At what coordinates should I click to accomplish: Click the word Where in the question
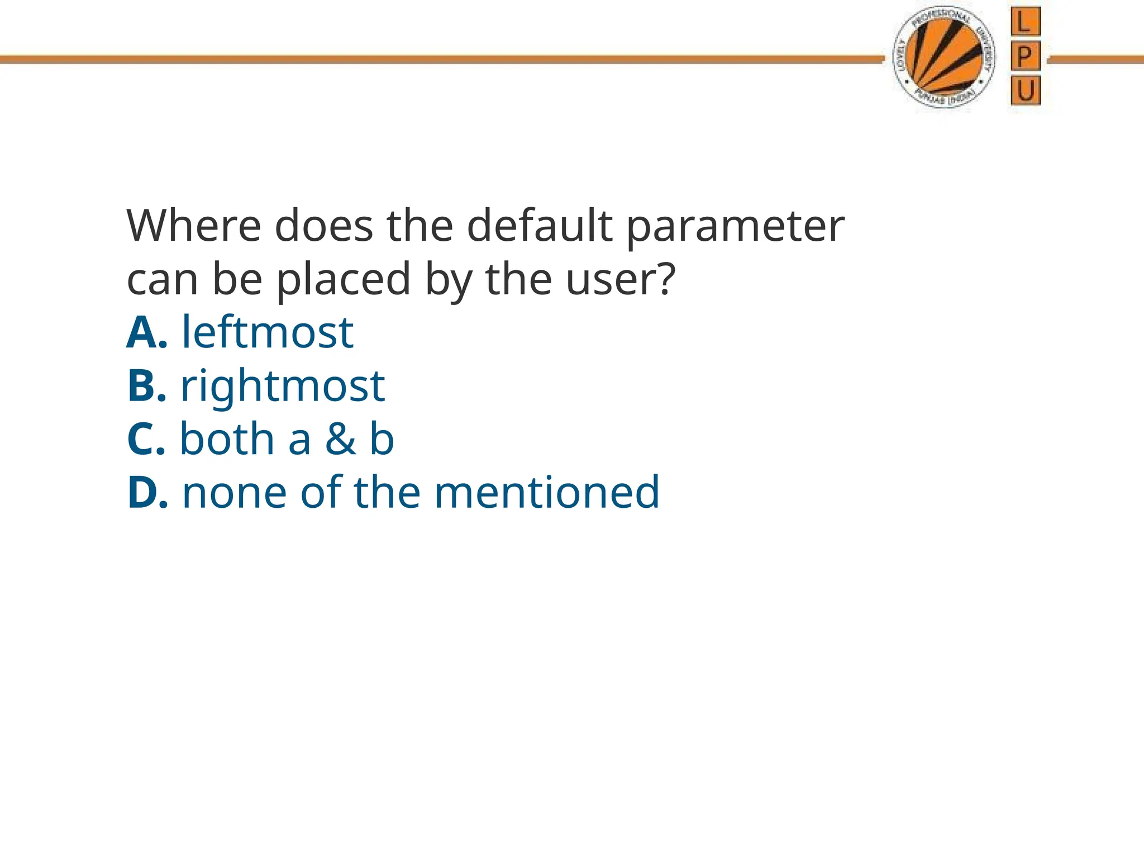(x=194, y=226)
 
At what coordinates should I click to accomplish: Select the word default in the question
(x=540, y=226)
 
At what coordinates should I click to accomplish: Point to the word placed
(x=344, y=279)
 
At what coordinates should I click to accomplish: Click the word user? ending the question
(x=621, y=279)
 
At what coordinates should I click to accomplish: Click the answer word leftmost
(x=268, y=332)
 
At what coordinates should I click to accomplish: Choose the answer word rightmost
(x=283, y=387)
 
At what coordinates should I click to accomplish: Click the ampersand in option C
(x=340, y=439)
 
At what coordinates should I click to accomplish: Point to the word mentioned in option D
(x=547, y=492)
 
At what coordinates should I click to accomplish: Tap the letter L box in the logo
(x=1025, y=22)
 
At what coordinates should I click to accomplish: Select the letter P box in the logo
(x=1025, y=56)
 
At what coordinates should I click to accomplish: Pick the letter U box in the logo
(x=1026, y=91)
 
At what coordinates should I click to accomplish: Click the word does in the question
(x=324, y=226)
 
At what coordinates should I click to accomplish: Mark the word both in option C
(x=227, y=439)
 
